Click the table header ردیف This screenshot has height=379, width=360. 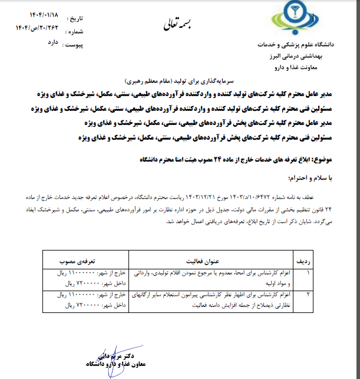(319, 260)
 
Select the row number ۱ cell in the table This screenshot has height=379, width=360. (319, 273)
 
